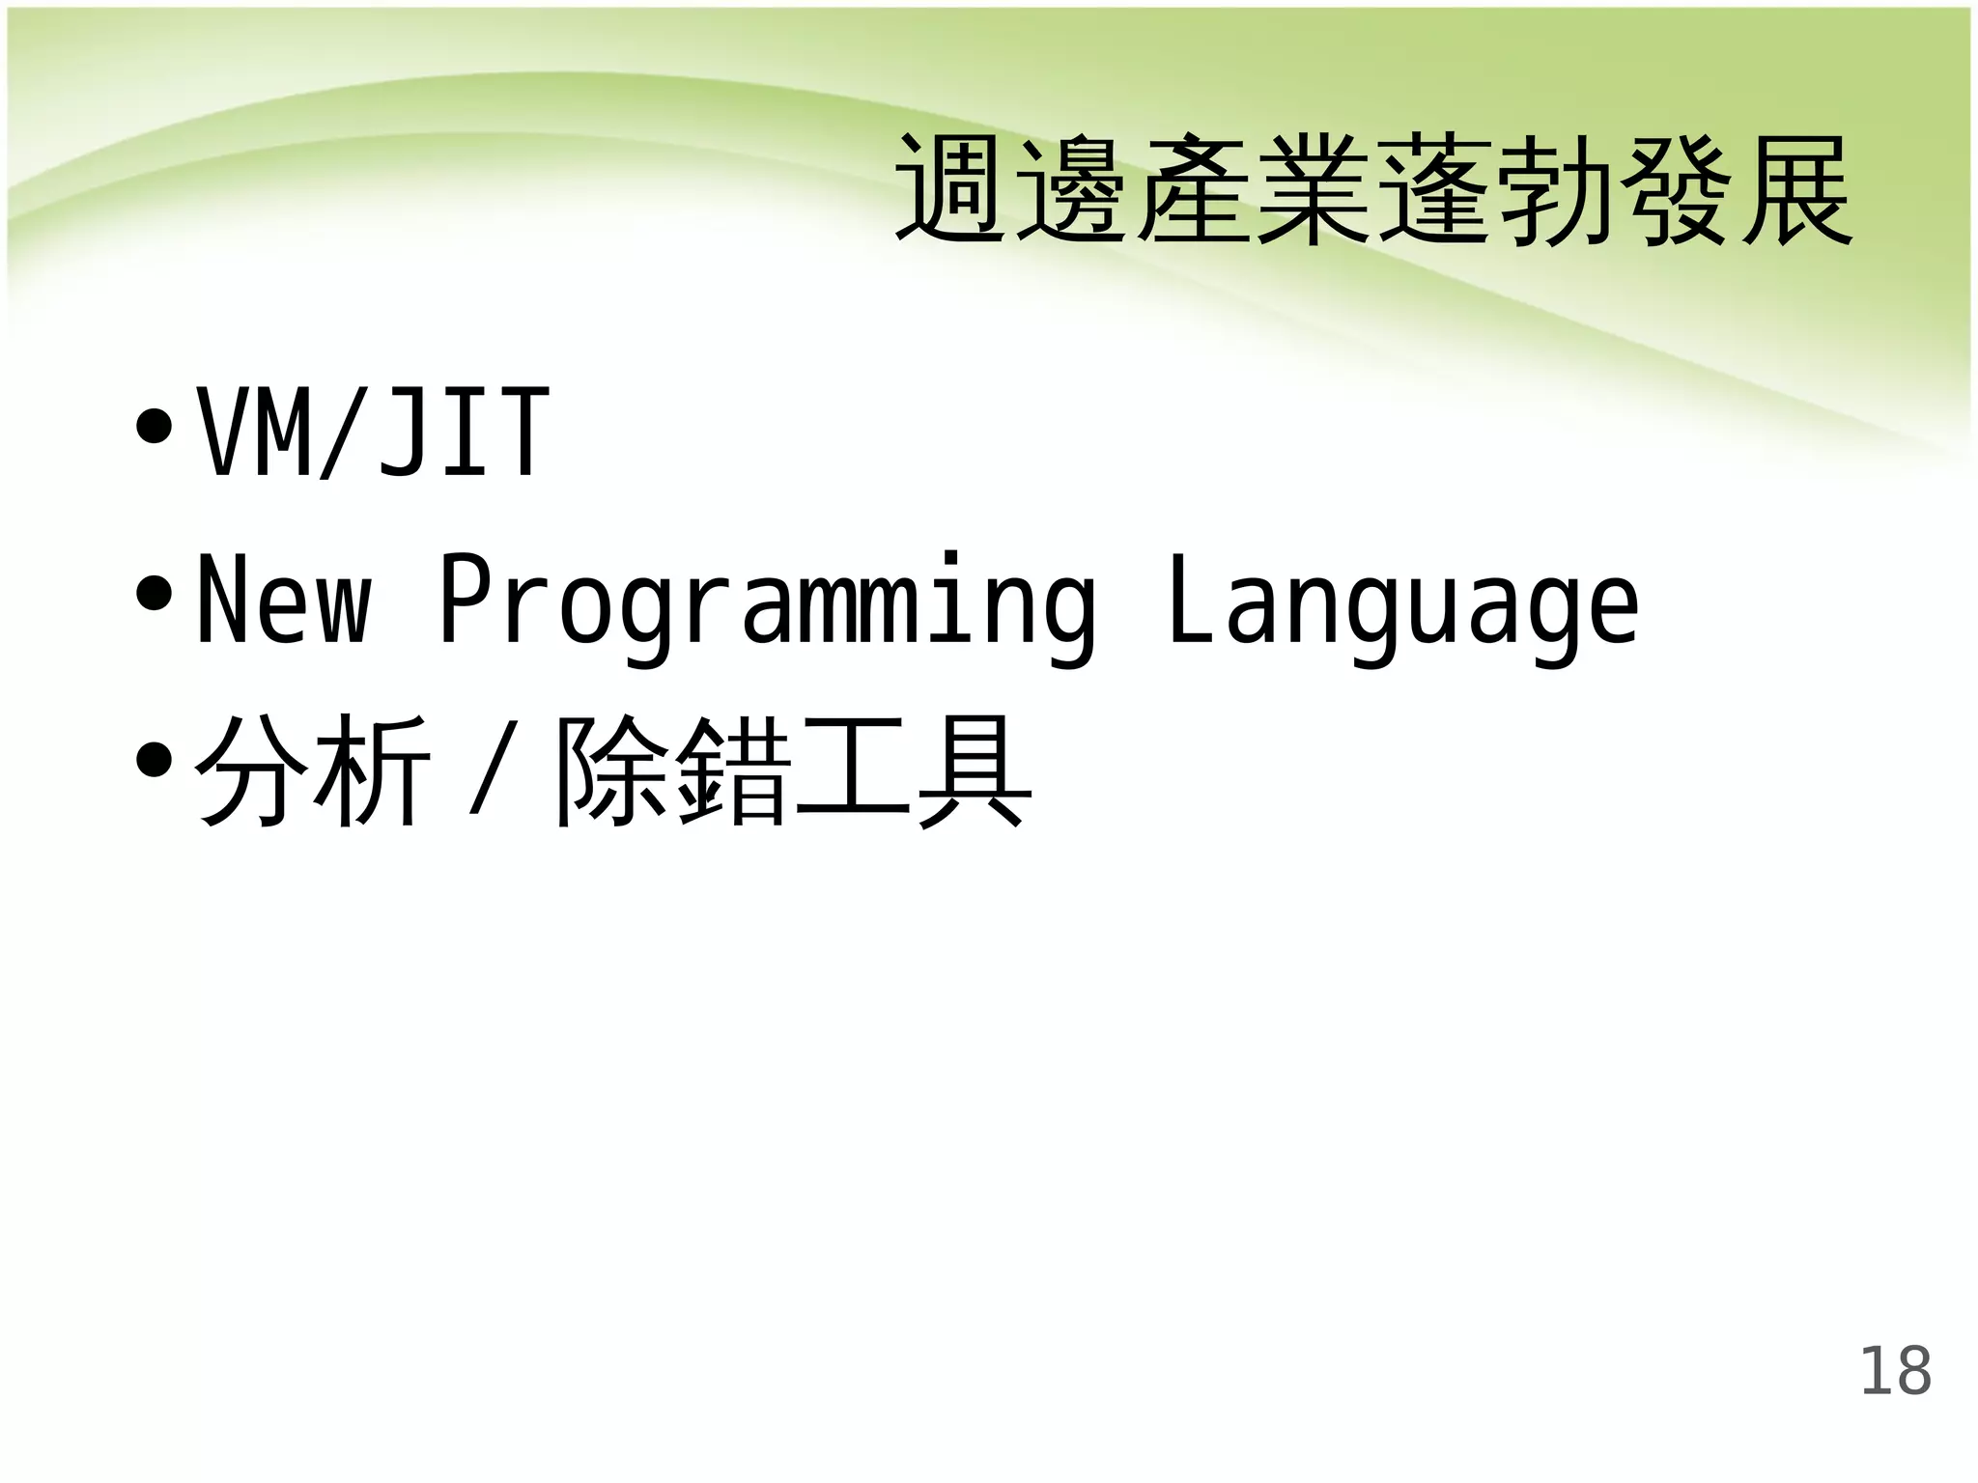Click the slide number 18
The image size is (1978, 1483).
pos(1895,1371)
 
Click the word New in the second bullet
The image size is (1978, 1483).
pos(284,601)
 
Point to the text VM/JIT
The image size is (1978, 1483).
pos(373,432)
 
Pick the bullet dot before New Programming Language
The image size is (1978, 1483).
pos(155,594)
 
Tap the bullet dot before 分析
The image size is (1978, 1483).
pos(155,761)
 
